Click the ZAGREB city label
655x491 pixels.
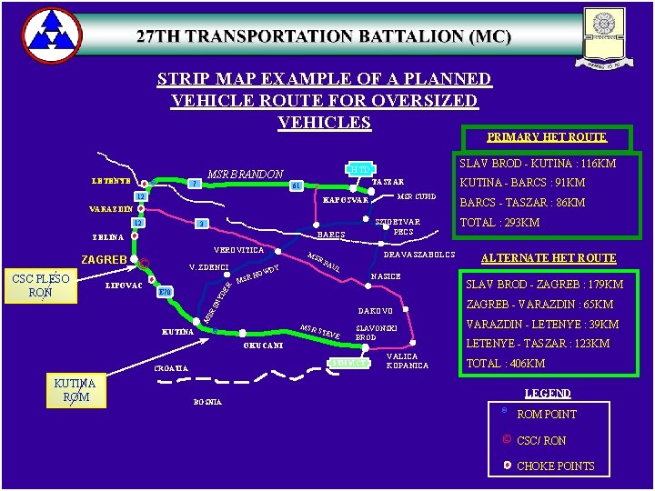tap(105, 260)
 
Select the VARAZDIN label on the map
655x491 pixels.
tap(111, 209)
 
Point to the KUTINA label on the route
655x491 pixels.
tap(177, 331)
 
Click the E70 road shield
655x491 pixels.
tap(165, 293)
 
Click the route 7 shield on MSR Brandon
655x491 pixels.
tap(193, 185)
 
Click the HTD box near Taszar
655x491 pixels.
tap(360, 169)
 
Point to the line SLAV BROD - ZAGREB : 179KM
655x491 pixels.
tap(539, 285)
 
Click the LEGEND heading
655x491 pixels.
tap(548, 394)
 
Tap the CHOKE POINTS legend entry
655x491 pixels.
tap(555, 466)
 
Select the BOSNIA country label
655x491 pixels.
tap(207, 402)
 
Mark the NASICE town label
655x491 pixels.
tap(386, 276)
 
